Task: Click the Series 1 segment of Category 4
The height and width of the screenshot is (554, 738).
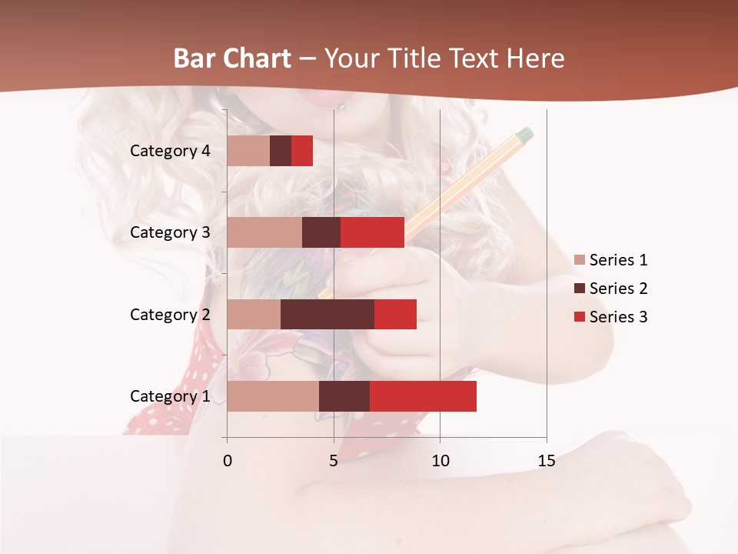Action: [x=248, y=151]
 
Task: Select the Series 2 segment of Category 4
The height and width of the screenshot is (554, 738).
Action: [x=281, y=151]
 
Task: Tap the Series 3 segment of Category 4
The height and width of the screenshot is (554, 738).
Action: [x=302, y=151]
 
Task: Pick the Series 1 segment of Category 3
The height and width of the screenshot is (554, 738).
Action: [x=264, y=232]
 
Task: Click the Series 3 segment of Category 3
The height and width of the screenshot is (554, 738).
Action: [x=372, y=232]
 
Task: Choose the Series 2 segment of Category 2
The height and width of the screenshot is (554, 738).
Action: [x=327, y=314]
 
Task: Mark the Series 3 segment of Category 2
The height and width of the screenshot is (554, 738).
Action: [x=395, y=314]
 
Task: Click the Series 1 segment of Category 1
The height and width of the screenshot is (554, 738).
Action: [x=273, y=396]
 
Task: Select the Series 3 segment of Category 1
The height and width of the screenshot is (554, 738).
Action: [x=423, y=396]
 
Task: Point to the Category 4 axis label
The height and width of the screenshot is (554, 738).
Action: [x=170, y=151]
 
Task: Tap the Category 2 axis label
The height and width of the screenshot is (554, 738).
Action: [x=170, y=314]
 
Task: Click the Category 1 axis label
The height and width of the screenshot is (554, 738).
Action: [x=170, y=396]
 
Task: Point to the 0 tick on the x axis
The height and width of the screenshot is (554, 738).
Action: [x=228, y=461]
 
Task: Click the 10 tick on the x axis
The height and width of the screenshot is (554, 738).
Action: [x=440, y=461]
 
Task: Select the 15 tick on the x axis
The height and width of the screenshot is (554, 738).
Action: [x=547, y=461]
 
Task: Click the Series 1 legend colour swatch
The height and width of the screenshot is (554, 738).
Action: [x=580, y=260]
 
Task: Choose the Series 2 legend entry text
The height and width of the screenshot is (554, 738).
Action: [x=618, y=289]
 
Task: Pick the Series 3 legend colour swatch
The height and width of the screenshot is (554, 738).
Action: [x=580, y=317]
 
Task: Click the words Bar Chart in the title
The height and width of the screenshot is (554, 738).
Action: [x=232, y=58]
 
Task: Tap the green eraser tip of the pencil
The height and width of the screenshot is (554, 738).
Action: [x=524, y=135]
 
